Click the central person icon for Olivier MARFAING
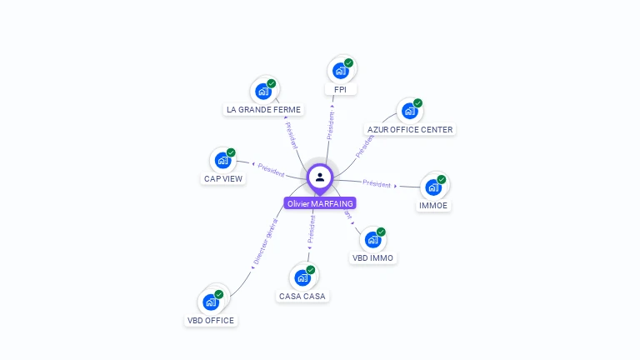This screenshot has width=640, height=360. point(320,177)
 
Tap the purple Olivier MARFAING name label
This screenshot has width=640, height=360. point(320,203)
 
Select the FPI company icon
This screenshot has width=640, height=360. point(340,71)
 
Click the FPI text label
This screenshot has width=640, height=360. point(340,89)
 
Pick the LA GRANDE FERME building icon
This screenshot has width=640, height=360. point(263,92)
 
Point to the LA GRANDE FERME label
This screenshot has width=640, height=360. point(263,109)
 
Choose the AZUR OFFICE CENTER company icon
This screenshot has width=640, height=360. point(409,112)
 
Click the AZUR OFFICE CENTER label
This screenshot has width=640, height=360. point(410,129)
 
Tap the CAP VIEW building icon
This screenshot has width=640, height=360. point(222,161)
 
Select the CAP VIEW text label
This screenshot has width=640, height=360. point(223,178)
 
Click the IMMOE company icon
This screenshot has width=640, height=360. point(433,187)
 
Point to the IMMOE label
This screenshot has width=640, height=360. point(433,205)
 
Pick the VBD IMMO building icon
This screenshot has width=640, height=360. point(372,240)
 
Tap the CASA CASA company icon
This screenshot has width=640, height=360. point(302,277)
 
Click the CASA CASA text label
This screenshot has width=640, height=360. point(303,296)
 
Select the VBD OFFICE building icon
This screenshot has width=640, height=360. point(210,302)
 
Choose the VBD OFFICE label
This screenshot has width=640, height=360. point(211,320)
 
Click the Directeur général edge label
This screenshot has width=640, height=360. point(264,242)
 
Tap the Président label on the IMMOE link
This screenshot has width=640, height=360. point(377,183)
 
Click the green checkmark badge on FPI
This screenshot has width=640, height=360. point(348,63)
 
